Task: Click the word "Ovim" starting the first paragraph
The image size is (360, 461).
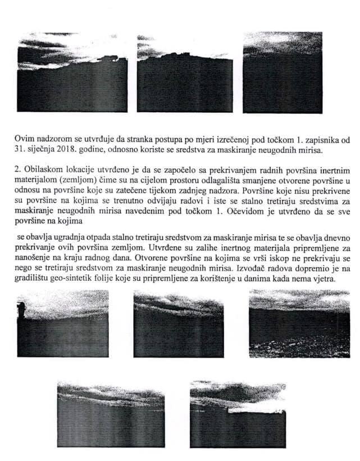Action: pyautogui.click(x=25, y=136)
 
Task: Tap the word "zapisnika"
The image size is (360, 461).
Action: pyautogui.click(x=309, y=136)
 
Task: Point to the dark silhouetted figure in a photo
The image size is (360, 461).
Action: pyautogui.click(x=22, y=309)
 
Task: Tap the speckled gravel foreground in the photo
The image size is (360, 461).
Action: pyautogui.click(x=286, y=345)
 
